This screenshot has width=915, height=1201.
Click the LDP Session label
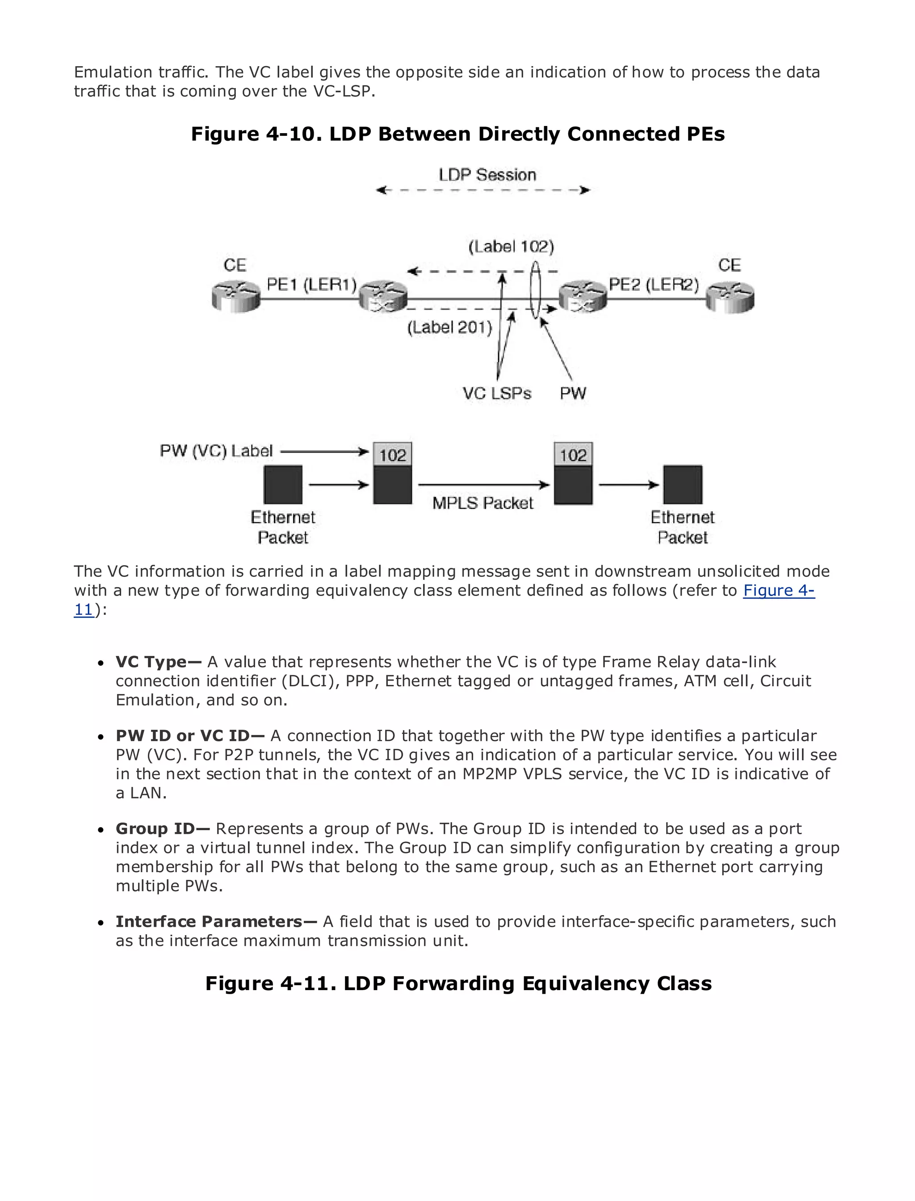pos(487,175)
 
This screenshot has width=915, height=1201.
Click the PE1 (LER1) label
pos(311,284)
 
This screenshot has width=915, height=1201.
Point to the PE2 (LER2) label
pos(654,284)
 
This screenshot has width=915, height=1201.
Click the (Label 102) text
pos(511,247)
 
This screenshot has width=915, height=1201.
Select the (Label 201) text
pos(449,328)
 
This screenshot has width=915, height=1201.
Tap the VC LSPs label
pos(497,393)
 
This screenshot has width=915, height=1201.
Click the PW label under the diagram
pos(573,393)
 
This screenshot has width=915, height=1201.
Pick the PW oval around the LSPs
pos(535,290)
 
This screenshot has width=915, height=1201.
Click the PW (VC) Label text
pos(216,451)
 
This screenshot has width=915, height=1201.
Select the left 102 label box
pos(393,455)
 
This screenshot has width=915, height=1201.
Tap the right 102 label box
pos(573,455)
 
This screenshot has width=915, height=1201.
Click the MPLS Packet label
pos(483,503)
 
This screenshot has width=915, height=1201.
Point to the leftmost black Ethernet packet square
pos(283,485)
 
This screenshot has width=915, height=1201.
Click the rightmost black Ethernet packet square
pos(682,485)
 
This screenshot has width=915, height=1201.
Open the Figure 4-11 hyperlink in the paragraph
pos(778,590)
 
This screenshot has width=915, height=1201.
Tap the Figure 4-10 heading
pos(457,134)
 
